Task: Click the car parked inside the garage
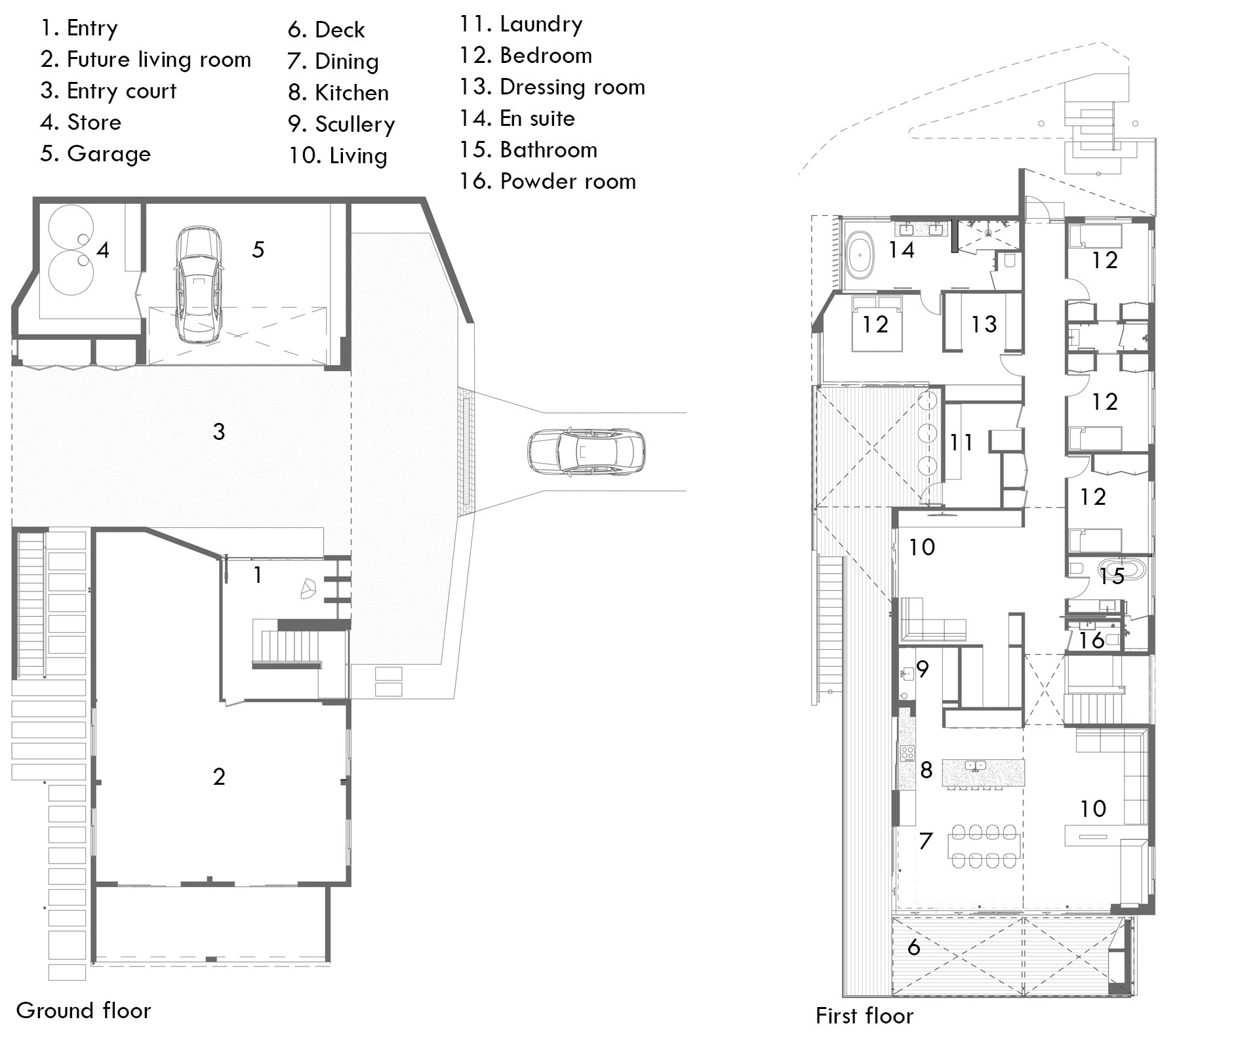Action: tap(198, 285)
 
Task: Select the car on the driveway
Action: tap(586, 452)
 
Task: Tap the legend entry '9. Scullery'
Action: tap(341, 125)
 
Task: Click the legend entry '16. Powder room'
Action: tap(548, 182)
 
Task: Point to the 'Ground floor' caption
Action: tap(83, 1010)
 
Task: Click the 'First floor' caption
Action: tap(864, 1016)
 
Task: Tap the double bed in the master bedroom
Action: tap(877, 323)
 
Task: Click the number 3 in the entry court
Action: tap(219, 431)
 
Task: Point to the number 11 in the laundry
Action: tap(961, 443)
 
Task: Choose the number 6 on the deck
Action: tap(913, 947)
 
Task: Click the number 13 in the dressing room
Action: tap(984, 324)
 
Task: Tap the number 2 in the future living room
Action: tap(219, 776)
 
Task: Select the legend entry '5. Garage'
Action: tap(95, 154)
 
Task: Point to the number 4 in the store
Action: tap(102, 249)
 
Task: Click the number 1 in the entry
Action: tap(258, 575)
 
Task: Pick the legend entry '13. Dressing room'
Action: tap(552, 87)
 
